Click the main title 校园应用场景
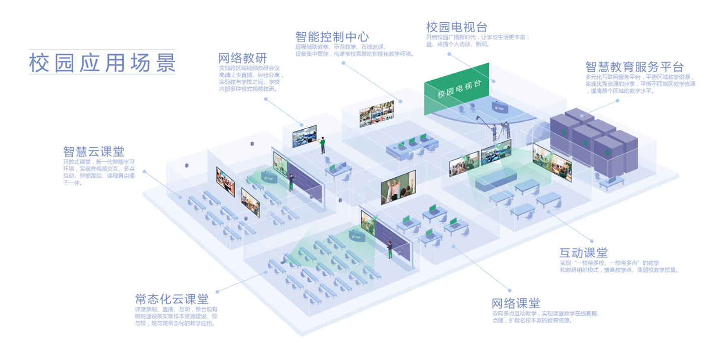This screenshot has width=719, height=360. point(102,63)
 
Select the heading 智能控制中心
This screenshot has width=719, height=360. point(332,37)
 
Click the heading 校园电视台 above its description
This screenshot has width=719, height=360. point(456,27)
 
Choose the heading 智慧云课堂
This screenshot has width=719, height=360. point(93,151)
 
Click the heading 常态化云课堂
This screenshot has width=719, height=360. point(172,298)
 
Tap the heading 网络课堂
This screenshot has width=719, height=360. point(516,303)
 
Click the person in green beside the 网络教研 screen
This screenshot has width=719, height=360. point(322,145)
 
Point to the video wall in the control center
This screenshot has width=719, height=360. point(377,114)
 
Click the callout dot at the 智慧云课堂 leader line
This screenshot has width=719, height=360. point(144,171)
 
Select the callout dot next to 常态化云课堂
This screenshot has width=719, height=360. point(218,291)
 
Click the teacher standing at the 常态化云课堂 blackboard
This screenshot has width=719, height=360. point(390,250)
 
